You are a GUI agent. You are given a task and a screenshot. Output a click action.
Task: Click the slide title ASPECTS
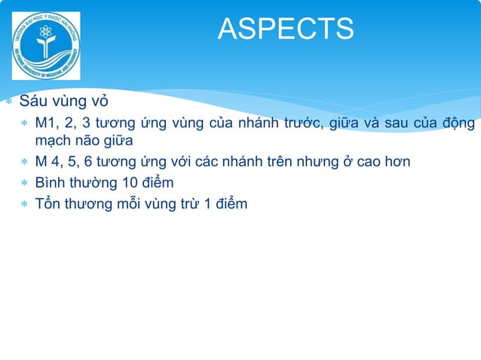pos(285,29)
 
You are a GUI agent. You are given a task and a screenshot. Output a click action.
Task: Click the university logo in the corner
pos(46,46)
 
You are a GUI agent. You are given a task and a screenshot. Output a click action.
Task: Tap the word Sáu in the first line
pos(33,102)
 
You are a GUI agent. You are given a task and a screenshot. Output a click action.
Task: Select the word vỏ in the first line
pos(99,102)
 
